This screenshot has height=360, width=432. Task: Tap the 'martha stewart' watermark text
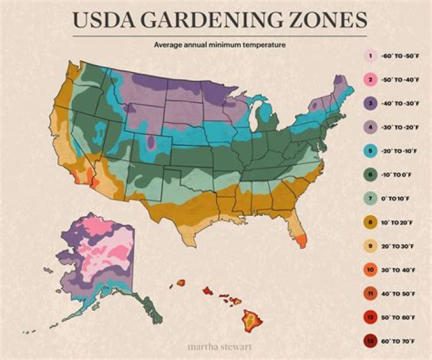coord(215,347)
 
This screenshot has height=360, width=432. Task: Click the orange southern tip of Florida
coord(301,240)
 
